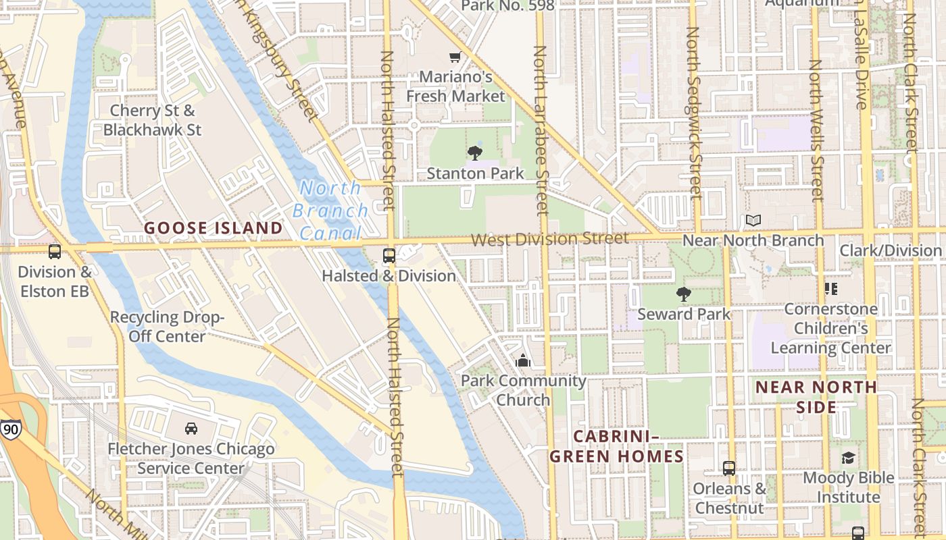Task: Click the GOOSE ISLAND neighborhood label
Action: (x=213, y=228)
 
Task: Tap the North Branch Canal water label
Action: (x=330, y=211)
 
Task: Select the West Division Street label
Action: (x=549, y=239)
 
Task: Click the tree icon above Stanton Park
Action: (x=475, y=153)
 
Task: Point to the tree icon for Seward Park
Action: (x=684, y=294)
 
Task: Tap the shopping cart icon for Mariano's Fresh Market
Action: (x=455, y=57)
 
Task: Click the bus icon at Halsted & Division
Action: (x=389, y=255)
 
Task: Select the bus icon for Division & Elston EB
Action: (x=55, y=252)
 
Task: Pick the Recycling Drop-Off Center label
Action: (x=167, y=327)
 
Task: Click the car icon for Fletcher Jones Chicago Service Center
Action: (x=191, y=429)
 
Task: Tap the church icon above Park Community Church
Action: (x=522, y=361)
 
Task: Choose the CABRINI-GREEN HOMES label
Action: (x=616, y=447)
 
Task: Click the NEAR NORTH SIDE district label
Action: (x=816, y=397)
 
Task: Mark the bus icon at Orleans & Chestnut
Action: (x=729, y=468)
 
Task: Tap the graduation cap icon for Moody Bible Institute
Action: (x=847, y=458)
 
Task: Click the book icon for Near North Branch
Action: (x=753, y=220)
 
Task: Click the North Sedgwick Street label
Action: (x=694, y=111)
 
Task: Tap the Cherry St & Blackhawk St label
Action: (x=153, y=119)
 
